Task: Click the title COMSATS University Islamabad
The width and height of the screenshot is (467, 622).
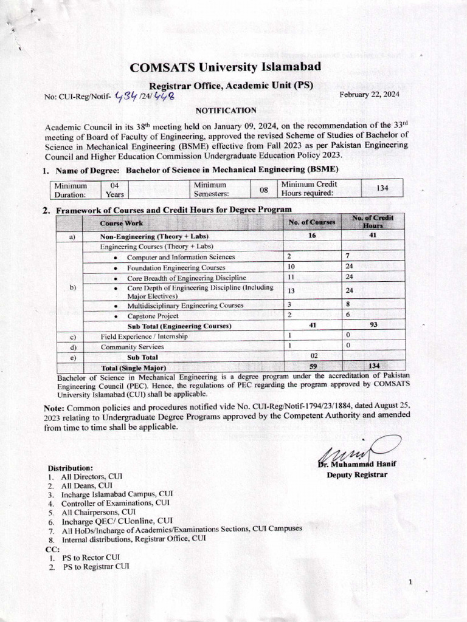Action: pos(225,67)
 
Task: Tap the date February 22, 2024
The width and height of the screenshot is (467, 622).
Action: pos(369,94)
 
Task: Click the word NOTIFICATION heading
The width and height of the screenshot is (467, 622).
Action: pos(226,111)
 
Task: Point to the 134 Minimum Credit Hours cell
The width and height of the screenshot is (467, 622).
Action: pos(382,188)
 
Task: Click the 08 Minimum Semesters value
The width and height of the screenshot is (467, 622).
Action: pos(264,189)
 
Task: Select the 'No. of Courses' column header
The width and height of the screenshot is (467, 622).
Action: pos(312,222)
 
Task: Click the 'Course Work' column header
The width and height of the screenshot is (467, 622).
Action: pos(122,223)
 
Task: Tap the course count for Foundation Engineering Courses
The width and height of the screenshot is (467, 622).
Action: pos(291,267)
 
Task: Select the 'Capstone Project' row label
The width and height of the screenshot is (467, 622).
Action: pos(153,316)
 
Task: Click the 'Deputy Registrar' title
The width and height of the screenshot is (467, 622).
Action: pos(357,474)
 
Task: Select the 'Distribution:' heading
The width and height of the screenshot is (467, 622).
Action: pos(71,468)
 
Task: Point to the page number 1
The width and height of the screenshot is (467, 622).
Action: pos(410,583)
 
